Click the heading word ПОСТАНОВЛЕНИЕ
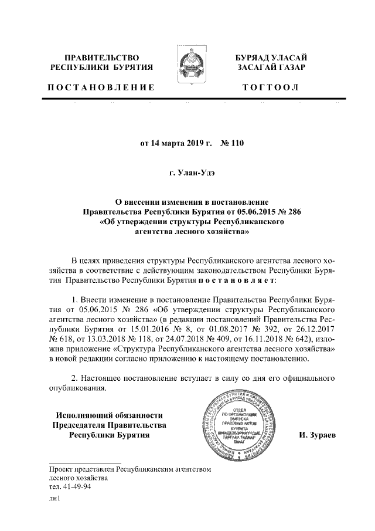100,87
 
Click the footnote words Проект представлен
81,469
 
